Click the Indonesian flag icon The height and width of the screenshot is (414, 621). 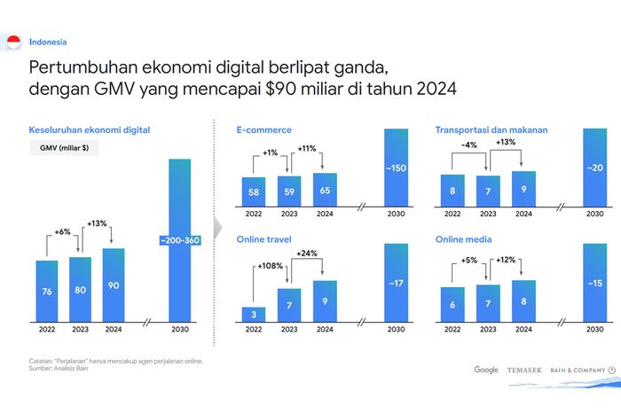coord(13,42)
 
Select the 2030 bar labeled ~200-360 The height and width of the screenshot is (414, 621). coord(180,241)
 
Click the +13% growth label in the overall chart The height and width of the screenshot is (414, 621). coord(96,224)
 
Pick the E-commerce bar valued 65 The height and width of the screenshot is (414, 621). coord(325,189)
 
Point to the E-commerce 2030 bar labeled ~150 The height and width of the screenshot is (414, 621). coord(396,168)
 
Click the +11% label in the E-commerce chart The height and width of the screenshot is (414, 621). coord(306,149)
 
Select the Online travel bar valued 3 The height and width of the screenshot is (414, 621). coord(254,314)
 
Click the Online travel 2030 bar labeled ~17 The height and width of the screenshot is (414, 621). coord(396,284)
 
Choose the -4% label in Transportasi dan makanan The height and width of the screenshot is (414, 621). coord(470,145)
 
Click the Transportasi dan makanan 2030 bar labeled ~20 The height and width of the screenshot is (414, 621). coord(595,168)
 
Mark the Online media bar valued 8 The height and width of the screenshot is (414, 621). coord(524,301)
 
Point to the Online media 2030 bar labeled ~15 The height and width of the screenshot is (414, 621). coord(595,284)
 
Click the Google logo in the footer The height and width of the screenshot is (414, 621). coord(486,370)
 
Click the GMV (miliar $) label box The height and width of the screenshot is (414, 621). coord(63,149)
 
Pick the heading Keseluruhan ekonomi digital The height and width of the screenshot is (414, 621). coord(90,129)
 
